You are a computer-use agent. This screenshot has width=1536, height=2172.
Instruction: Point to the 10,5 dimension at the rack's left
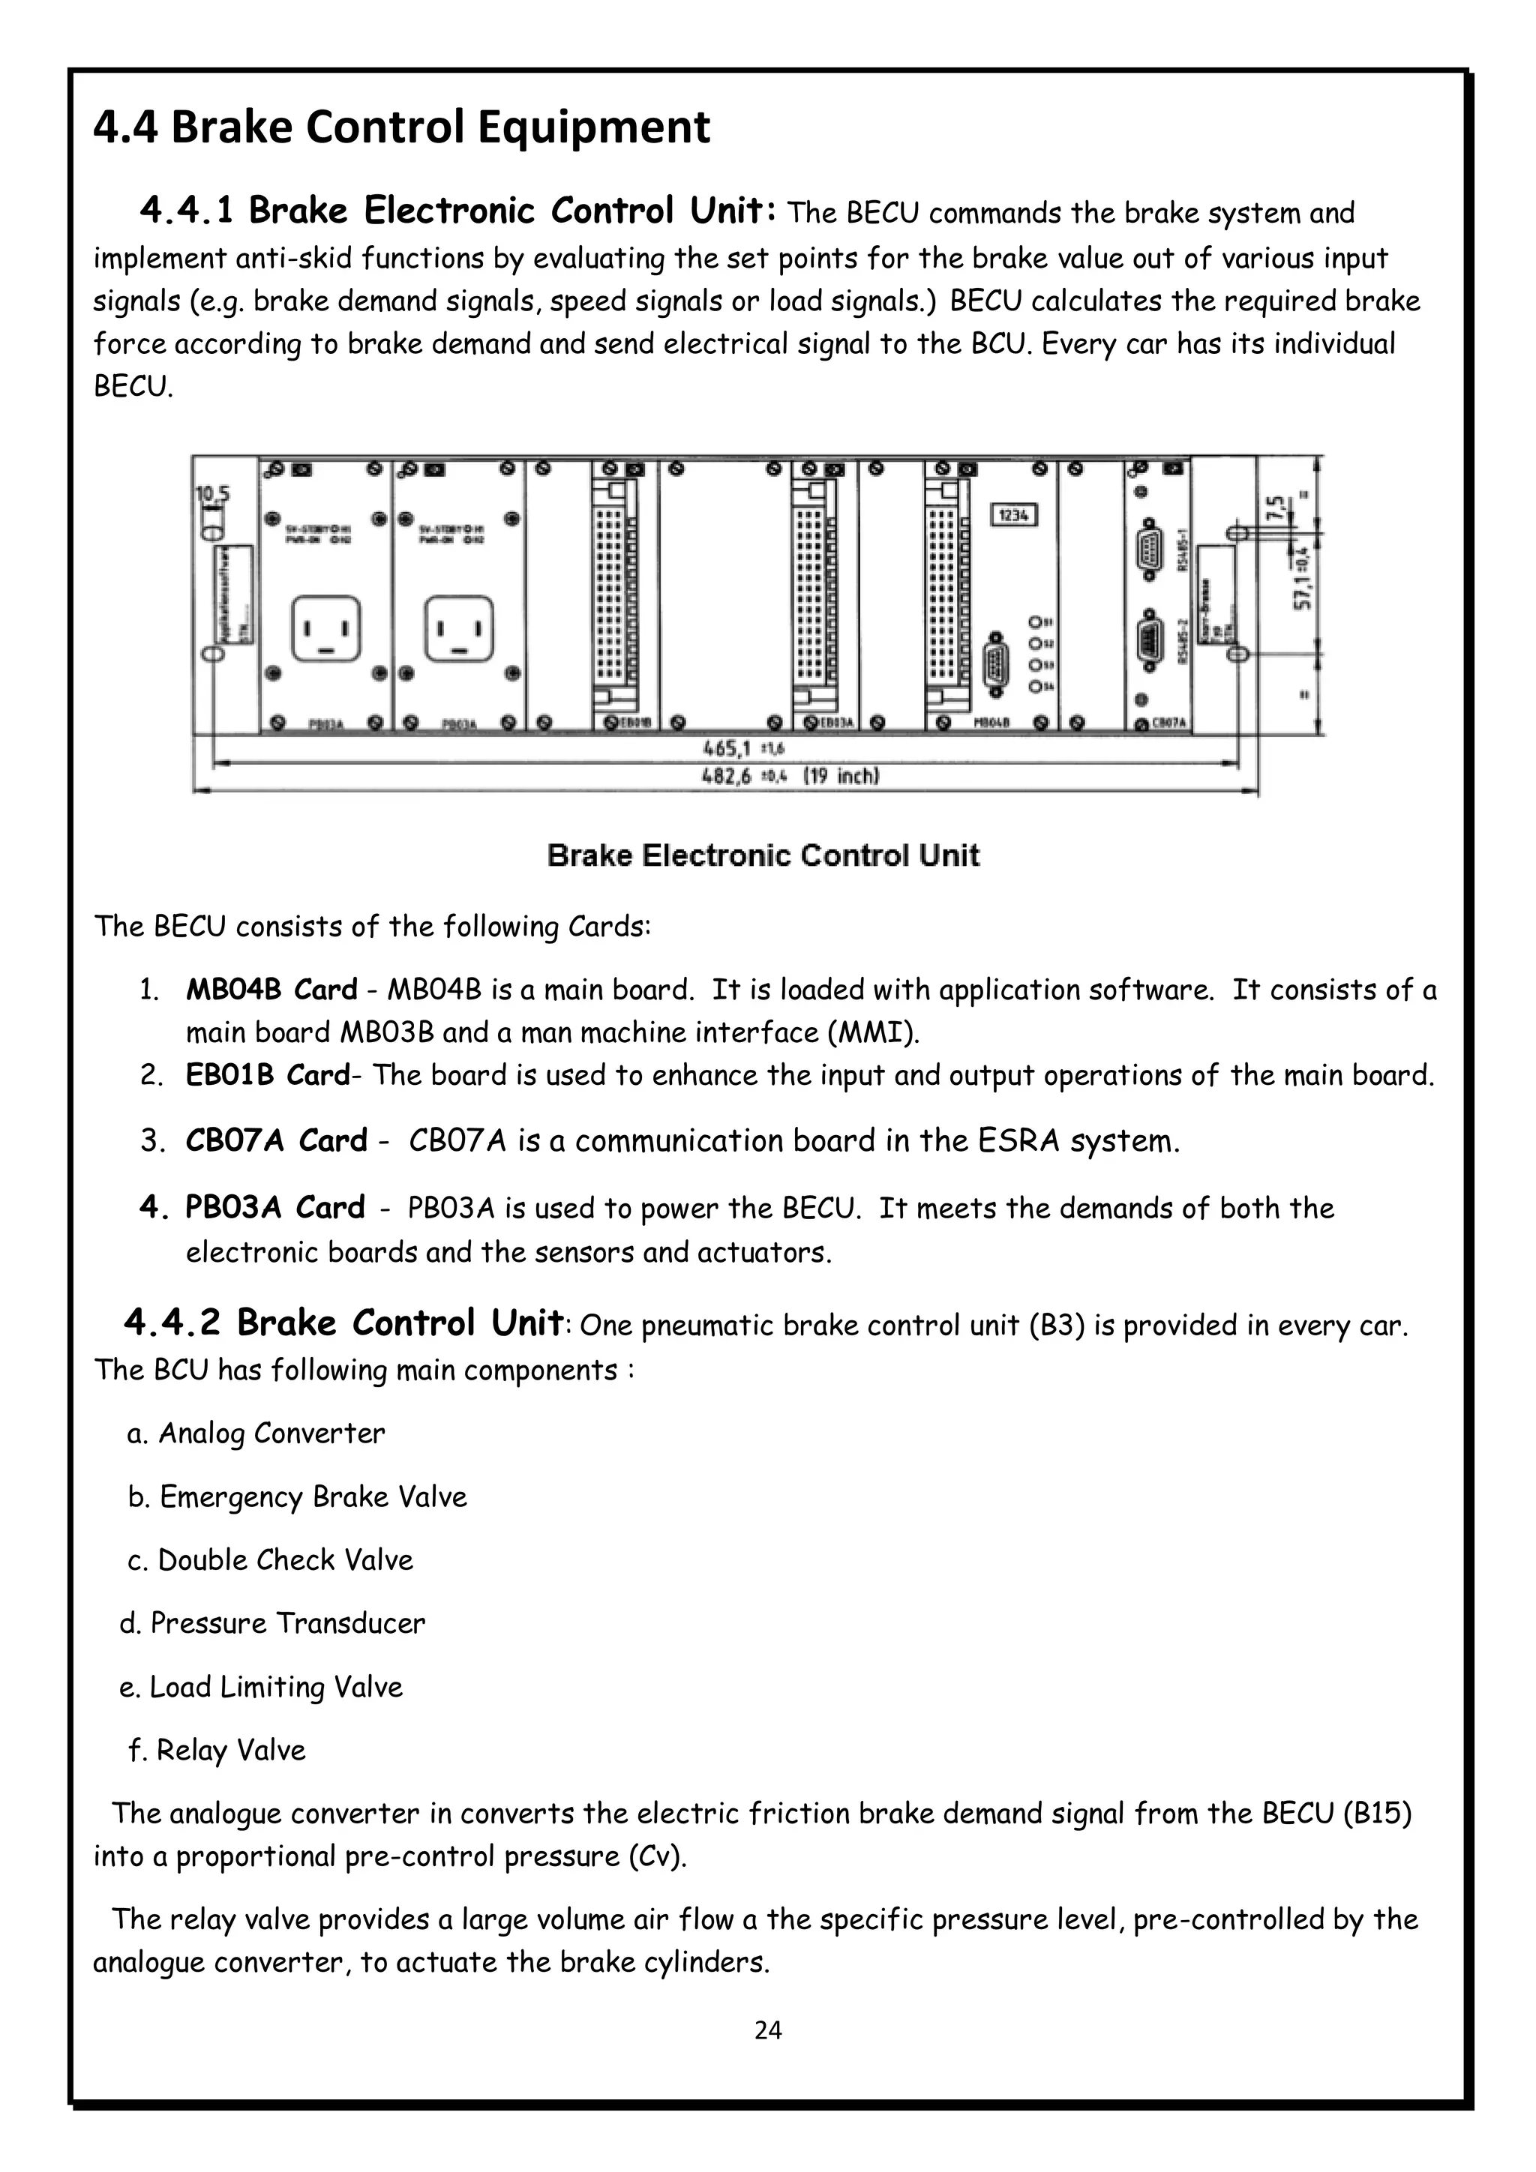pyautogui.click(x=212, y=494)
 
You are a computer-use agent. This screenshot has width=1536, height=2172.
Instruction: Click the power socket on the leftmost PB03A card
pyautogui.click(x=326, y=629)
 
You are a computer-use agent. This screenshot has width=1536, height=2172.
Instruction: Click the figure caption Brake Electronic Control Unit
pyautogui.click(x=763, y=856)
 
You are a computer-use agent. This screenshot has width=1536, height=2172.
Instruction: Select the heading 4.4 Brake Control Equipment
pyautogui.click(x=401, y=127)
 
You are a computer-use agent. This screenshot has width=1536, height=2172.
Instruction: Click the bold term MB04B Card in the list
pyautogui.click(x=271, y=990)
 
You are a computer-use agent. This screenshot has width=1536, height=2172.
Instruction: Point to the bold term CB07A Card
pyautogui.click(x=276, y=1141)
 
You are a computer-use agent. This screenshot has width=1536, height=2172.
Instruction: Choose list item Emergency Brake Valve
pyautogui.click(x=297, y=1496)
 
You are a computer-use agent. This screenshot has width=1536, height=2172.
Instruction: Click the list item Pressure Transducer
pyautogui.click(x=272, y=1623)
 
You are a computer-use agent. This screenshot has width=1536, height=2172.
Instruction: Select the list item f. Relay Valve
pyautogui.click(x=217, y=1750)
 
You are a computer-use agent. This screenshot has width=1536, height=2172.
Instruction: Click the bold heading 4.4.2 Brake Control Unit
pyautogui.click(x=343, y=1323)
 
